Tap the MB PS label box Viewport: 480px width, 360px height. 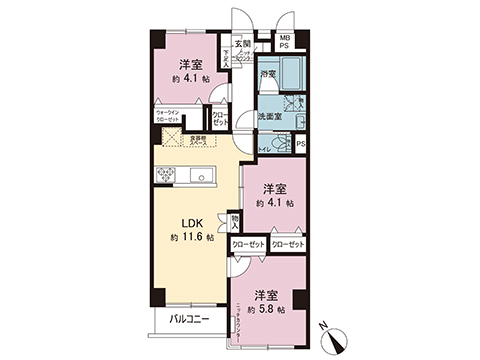point(285,42)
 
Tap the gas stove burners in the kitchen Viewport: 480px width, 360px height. point(165,177)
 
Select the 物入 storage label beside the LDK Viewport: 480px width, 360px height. point(236,220)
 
